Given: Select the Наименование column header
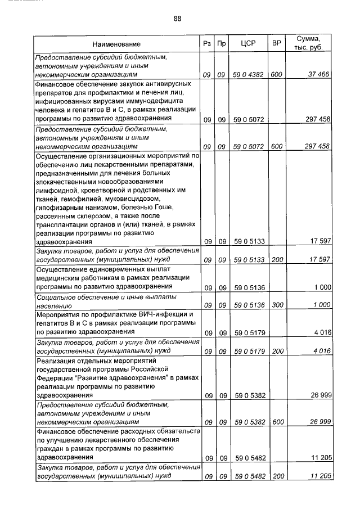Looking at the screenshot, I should click(x=116, y=44).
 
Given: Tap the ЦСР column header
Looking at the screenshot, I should click(x=248, y=44).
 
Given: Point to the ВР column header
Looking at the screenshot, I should click(x=276, y=44).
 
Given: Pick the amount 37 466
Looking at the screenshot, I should click(x=318, y=74).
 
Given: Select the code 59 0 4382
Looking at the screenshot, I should click(x=248, y=74).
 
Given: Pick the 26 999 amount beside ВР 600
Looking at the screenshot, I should click(x=318, y=421).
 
